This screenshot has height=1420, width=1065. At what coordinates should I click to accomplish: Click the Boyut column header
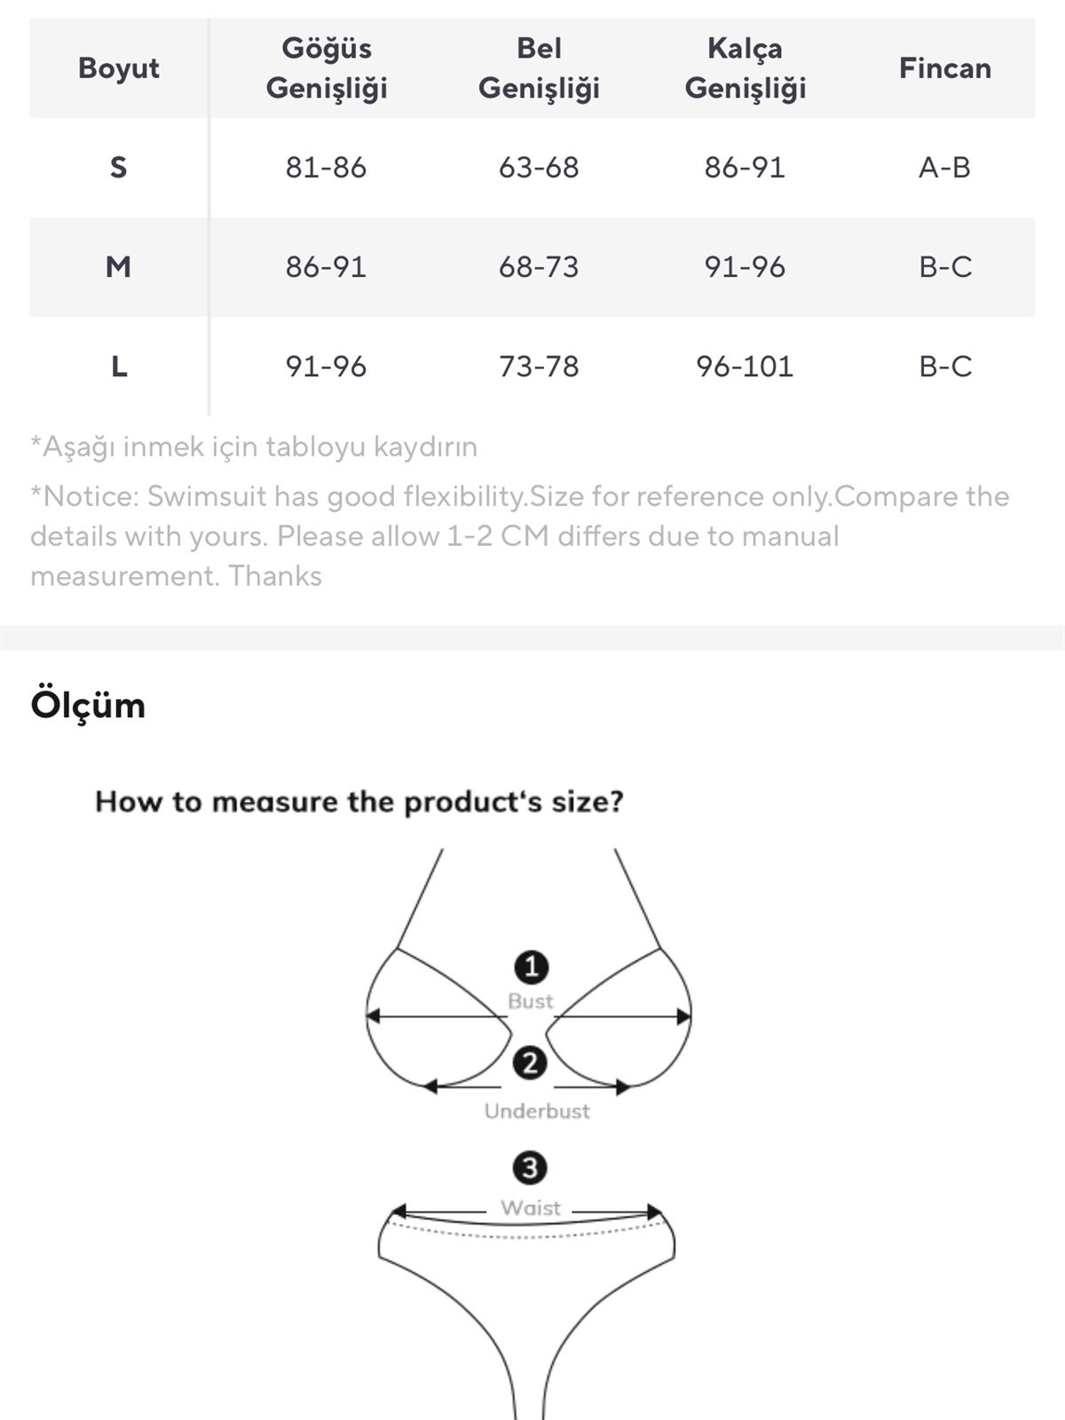[x=118, y=68]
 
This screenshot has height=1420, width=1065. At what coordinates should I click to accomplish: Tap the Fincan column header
[x=944, y=68]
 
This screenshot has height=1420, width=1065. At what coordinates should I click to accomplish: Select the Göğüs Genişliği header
[x=327, y=68]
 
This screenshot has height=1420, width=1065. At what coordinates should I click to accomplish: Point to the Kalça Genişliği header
[x=745, y=68]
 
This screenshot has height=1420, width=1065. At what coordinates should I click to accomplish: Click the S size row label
[x=118, y=168]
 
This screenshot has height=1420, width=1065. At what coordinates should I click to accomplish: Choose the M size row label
[x=118, y=266]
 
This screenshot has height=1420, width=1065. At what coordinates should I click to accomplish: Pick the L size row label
[x=119, y=367]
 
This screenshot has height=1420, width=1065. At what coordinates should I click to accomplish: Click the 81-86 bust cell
[x=326, y=168]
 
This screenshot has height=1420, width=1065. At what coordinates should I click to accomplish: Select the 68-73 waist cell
[x=539, y=266]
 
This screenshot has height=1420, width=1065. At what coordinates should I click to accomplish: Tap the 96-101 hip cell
[x=745, y=367]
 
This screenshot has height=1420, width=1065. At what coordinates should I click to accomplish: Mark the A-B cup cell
[x=944, y=168]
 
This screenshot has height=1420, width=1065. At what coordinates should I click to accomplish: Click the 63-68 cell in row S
[x=539, y=168]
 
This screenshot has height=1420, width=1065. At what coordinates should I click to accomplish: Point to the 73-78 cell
[x=539, y=367]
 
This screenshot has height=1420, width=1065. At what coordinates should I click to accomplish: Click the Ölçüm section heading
[x=88, y=705]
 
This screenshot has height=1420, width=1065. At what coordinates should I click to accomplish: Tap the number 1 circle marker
[x=532, y=967]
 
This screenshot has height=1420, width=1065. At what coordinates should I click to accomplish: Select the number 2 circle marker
[x=530, y=1063]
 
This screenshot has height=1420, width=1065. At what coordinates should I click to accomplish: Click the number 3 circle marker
[x=530, y=1168]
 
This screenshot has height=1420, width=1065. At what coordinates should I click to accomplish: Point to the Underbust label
[x=537, y=1111]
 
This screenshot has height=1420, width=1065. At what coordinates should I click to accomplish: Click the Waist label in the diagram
[x=530, y=1207]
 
